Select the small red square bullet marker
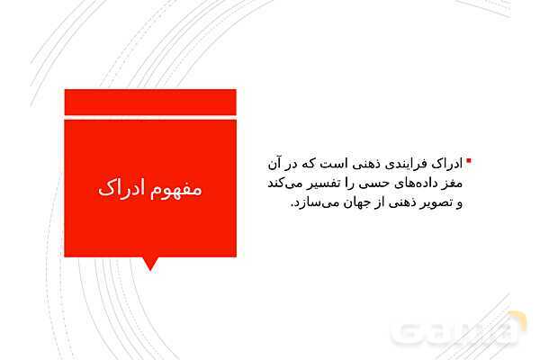[x=468, y=162]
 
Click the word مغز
[x=453, y=184]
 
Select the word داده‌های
[x=414, y=184]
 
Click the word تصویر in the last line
[x=434, y=203]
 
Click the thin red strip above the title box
[x=150, y=102]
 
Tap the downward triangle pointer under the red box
[x=150, y=263]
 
